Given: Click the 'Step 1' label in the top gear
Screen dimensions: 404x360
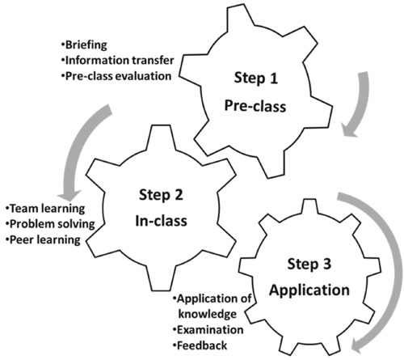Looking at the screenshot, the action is click(x=255, y=78).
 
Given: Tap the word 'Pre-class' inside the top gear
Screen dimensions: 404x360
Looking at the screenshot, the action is click(x=255, y=106).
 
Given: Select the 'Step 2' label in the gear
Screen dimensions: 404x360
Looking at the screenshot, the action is click(x=161, y=195).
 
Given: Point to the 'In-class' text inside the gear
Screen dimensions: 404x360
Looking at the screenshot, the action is click(x=161, y=221).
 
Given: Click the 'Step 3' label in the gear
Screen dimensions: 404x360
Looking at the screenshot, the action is click(x=309, y=264).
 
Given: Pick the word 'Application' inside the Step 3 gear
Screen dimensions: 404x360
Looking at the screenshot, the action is click(x=309, y=290).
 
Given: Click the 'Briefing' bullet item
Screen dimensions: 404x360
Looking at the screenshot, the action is click(x=84, y=44).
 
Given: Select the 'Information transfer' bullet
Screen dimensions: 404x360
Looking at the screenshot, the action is click(x=118, y=60).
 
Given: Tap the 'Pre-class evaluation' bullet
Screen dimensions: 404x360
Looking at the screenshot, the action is click(x=116, y=76).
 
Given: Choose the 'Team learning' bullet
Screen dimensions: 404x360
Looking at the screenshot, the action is click(x=45, y=209).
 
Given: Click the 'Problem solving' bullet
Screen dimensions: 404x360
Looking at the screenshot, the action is click(x=50, y=224).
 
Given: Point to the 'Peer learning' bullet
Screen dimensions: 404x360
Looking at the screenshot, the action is click(x=43, y=239).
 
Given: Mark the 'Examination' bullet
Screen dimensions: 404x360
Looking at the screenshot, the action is click(x=208, y=330).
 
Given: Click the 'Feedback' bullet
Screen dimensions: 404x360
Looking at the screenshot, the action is click(x=200, y=345).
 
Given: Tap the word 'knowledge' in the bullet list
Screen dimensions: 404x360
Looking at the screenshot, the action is click(x=208, y=314).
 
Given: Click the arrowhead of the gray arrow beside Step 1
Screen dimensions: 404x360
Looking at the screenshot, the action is click(x=350, y=130).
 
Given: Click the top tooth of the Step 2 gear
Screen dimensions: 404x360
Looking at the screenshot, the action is click(x=161, y=137).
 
